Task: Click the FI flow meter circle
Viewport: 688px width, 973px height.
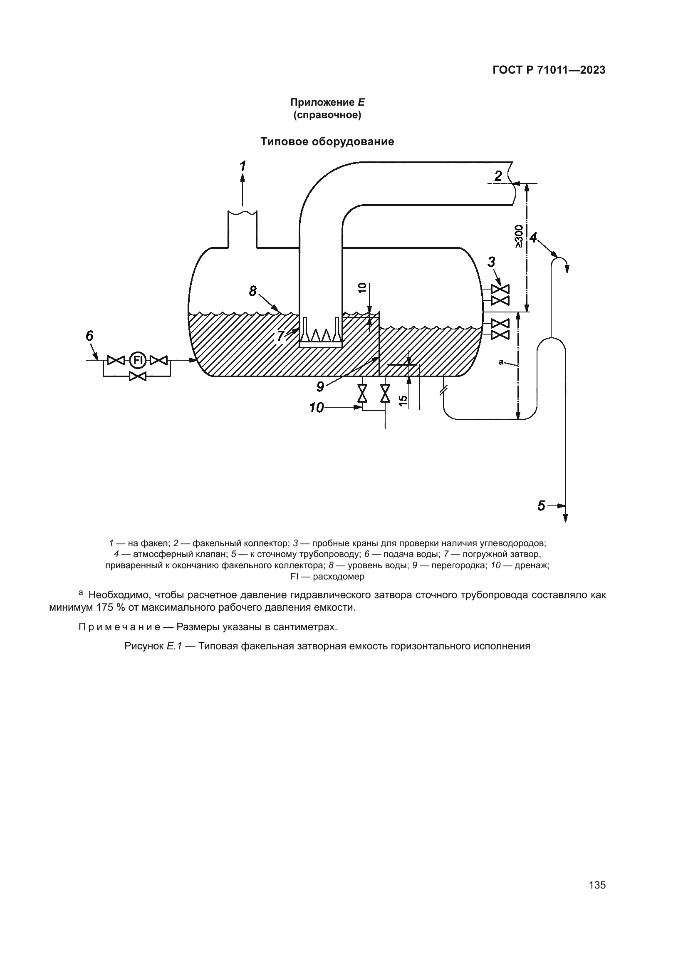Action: (x=137, y=360)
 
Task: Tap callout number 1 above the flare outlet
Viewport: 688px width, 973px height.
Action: (x=243, y=166)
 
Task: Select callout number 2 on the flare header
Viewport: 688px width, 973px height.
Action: (x=498, y=176)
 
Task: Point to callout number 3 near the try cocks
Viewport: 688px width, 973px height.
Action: (x=491, y=262)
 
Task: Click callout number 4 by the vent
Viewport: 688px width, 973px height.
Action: (x=533, y=238)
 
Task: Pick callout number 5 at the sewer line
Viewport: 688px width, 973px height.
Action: (x=542, y=505)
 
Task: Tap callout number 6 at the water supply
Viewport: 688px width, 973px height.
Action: (x=89, y=336)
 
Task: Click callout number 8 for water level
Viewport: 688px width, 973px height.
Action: (x=252, y=291)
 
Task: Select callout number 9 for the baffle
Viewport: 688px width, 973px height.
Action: (x=320, y=386)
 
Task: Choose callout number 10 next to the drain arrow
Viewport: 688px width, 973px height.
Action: (x=317, y=408)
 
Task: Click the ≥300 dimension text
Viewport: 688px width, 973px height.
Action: (x=519, y=236)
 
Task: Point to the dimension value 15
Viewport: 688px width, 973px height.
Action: (x=403, y=401)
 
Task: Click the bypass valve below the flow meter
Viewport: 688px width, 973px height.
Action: (x=138, y=376)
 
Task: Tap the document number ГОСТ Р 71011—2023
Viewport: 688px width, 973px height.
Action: (x=549, y=70)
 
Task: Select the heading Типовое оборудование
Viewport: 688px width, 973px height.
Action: (x=327, y=141)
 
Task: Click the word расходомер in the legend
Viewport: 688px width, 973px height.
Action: (x=339, y=577)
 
